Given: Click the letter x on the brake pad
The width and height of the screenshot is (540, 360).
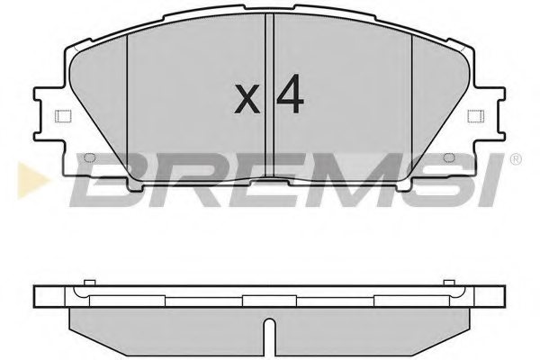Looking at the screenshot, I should (245, 99).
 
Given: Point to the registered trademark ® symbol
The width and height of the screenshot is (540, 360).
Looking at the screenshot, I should (515, 159).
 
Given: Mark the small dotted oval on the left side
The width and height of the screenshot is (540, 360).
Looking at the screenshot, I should (89, 159).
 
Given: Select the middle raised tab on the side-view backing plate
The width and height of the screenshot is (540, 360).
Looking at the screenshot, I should (269, 296).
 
